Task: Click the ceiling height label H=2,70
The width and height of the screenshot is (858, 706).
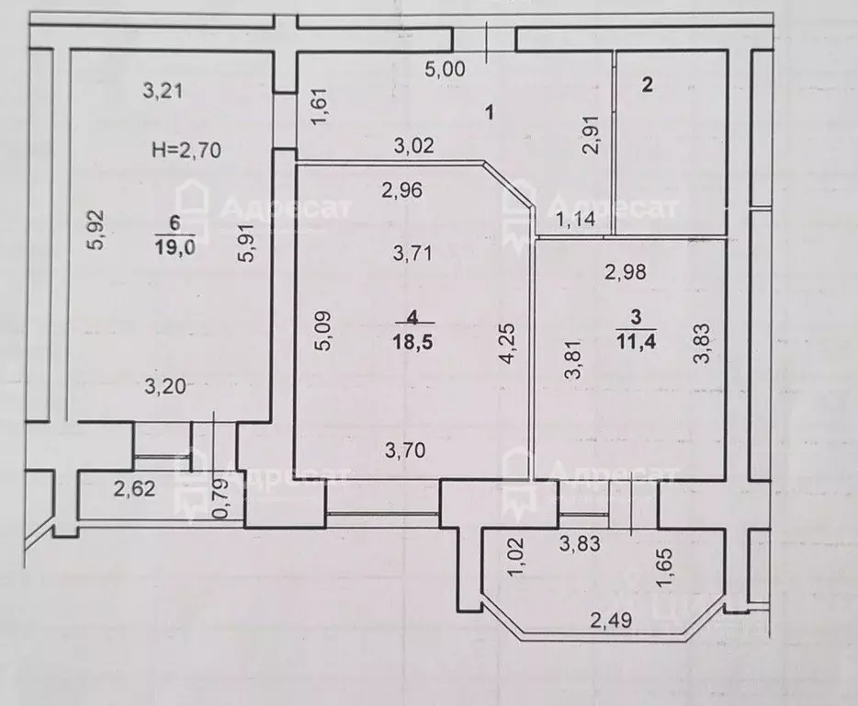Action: [186, 150]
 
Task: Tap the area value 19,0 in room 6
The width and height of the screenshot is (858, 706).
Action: [175, 247]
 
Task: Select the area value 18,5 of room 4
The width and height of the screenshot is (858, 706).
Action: [412, 343]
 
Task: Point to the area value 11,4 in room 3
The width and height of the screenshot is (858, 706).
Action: [637, 342]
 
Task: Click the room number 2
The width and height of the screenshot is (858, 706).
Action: [648, 85]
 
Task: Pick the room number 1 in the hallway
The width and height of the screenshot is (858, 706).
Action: [490, 113]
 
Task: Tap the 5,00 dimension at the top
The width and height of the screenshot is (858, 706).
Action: [446, 70]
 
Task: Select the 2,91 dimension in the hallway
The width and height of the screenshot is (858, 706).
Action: [593, 135]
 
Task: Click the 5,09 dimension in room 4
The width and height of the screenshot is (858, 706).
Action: [322, 331]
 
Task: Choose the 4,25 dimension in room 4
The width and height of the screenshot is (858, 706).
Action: [508, 344]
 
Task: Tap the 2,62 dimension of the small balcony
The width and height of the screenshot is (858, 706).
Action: [135, 488]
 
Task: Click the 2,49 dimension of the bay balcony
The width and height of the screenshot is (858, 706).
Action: [611, 621]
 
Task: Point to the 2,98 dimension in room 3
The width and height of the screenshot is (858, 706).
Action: [626, 272]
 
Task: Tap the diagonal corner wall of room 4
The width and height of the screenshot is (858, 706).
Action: [508, 184]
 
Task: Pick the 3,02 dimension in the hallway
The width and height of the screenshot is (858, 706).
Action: [414, 145]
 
